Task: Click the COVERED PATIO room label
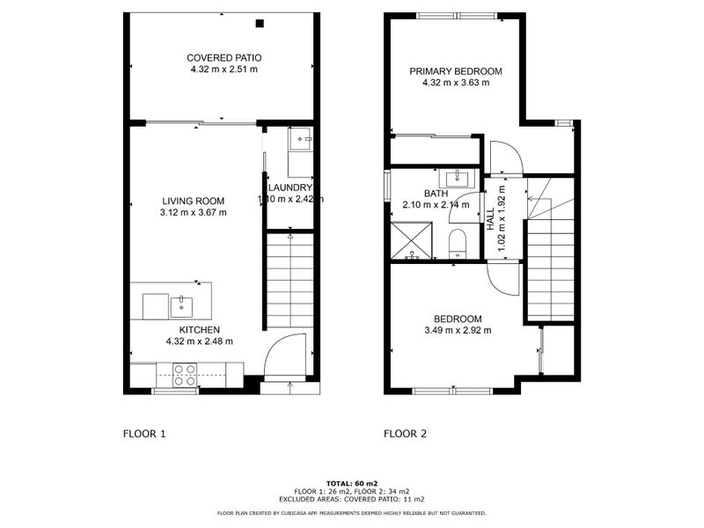click(x=224, y=57)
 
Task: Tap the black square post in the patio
click(x=260, y=24)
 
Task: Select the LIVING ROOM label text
click(x=193, y=201)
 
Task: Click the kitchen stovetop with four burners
click(x=185, y=376)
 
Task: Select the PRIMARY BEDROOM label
click(x=456, y=71)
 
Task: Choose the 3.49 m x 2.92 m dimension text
click(x=457, y=330)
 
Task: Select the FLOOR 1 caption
click(x=143, y=434)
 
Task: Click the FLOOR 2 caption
click(x=405, y=434)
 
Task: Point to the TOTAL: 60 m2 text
click(x=352, y=484)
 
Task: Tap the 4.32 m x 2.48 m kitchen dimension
click(x=199, y=341)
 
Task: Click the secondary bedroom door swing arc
click(x=503, y=279)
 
